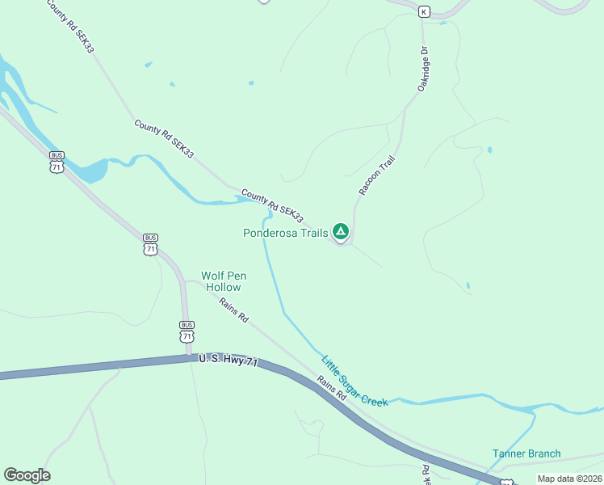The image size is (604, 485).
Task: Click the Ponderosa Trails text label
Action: tap(286, 233)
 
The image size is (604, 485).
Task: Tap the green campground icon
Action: tap(342, 233)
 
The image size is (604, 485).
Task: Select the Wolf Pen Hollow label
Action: tap(222, 281)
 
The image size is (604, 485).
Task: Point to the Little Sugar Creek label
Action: tap(354, 381)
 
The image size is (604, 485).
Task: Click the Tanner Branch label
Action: tap(526, 453)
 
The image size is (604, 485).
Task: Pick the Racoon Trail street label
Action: tap(377, 176)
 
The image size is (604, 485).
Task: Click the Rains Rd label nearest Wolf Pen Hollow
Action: tap(233, 310)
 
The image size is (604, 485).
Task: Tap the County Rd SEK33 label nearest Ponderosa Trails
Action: tap(272, 207)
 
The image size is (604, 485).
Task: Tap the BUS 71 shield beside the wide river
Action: tap(57, 162)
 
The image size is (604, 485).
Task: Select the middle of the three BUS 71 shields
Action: tap(150, 244)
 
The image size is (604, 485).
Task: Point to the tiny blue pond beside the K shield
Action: tap(443, 23)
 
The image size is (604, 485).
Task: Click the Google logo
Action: tap(27, 475)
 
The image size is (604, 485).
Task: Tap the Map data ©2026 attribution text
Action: tap(568, 479)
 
